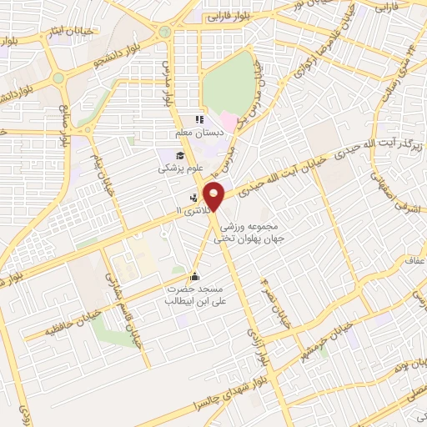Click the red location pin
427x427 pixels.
coord(215,196)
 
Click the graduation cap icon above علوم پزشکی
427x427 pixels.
coord(178,155)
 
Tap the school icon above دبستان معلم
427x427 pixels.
coord(199,120)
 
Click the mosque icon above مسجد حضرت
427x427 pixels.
coord(194,276)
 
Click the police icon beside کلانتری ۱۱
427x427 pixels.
coord(194,198)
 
